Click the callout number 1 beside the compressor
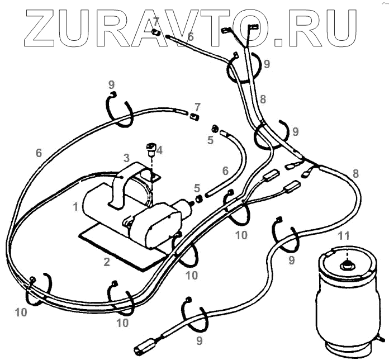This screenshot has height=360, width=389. [75, 207]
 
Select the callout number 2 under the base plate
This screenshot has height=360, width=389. [107, 261]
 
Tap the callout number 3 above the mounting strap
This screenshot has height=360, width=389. [126, 158]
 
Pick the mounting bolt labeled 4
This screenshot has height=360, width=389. [150, 148]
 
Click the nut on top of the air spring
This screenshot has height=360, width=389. [348, 265]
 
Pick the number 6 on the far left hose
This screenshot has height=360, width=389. [39, 153]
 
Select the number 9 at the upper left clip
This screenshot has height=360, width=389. [112, 84]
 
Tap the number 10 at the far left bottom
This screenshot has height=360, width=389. [21, 312]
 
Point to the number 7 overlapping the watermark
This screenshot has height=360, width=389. [156, 21]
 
